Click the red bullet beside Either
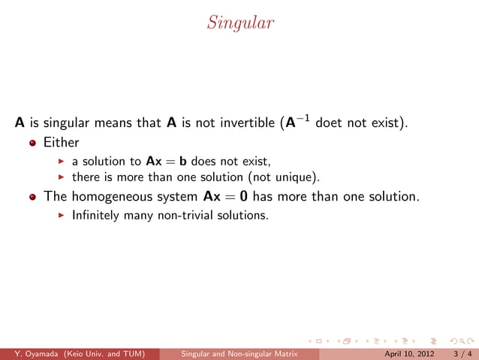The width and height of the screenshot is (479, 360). [x=32, y=142]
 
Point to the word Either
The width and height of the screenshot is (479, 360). [x=61, y=141]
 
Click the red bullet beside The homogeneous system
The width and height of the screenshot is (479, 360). [x=32, y=197]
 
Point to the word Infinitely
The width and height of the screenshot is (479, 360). [x=95, y=215]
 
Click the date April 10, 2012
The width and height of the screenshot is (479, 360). [x=408, y=352]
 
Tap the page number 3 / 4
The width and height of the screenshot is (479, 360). [x=459, y=352]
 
